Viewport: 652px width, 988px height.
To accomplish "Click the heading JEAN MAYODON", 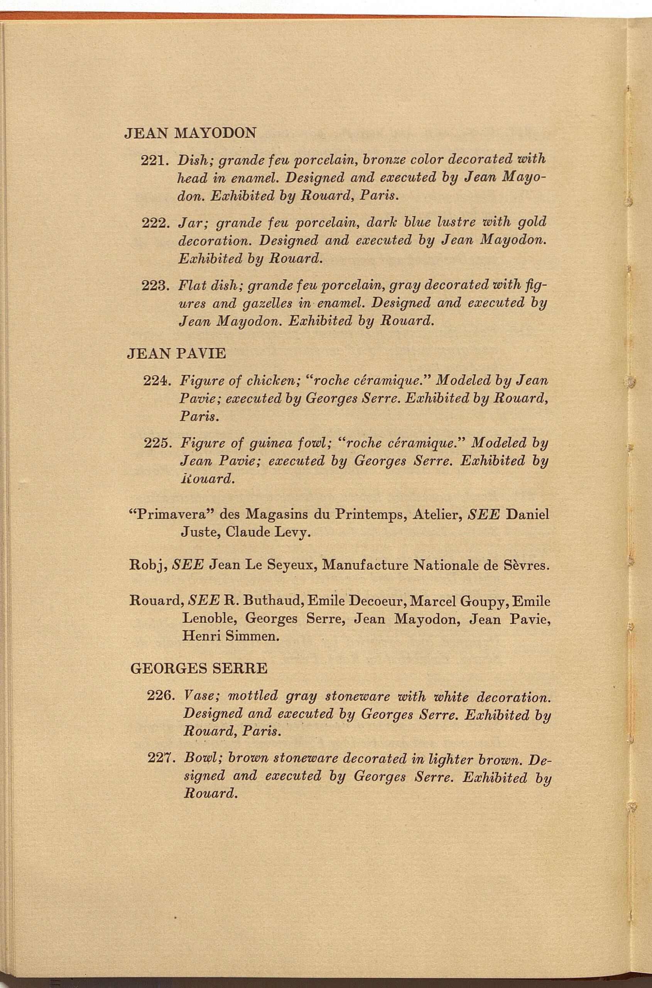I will [x=191, y=133].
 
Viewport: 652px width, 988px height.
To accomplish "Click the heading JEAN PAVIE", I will [x=176, y=354].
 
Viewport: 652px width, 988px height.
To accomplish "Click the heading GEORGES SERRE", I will [x=199, y=668].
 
